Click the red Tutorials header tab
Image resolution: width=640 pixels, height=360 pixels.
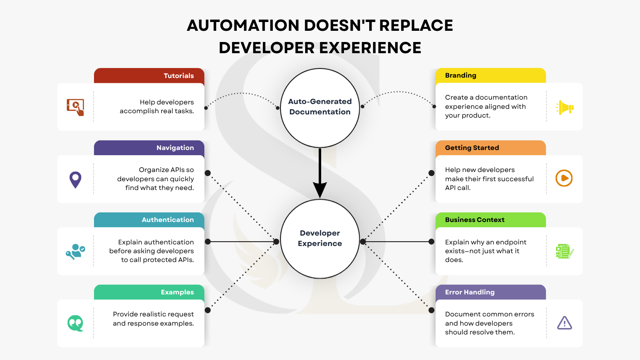click(x=149, y=76)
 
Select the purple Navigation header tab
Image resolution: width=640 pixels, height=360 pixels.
click(x=149, y=148)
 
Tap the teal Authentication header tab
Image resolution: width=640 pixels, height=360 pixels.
click(x=149, y=220)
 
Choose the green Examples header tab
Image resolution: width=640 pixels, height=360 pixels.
click(x=149, y=292)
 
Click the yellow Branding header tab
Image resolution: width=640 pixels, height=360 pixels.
click(x=490, y=76)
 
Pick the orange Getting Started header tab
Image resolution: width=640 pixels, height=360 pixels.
click(x=490, y=148)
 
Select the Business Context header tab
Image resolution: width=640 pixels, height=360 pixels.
click(x=490, y=220)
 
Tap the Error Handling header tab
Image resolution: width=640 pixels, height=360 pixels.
click(x=490, y=292)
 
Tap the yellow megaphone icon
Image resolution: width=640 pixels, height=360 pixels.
click(x=564, y=108)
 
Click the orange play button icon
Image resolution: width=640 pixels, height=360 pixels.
click(x=564, y=178)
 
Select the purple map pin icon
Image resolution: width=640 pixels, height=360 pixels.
click(x=76, y=180)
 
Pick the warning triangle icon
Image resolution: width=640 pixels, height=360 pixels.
click(x=564, y=323)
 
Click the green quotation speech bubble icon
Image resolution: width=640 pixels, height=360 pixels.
click(x=76, y=323)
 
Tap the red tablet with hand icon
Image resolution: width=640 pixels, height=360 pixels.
click(x=76, y=107)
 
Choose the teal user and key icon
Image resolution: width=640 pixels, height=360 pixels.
click(x=76, y=252)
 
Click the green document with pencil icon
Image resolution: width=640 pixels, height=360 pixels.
click(x=564, y=251)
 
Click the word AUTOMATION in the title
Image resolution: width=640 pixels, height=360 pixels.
click(x=243, y=26)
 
